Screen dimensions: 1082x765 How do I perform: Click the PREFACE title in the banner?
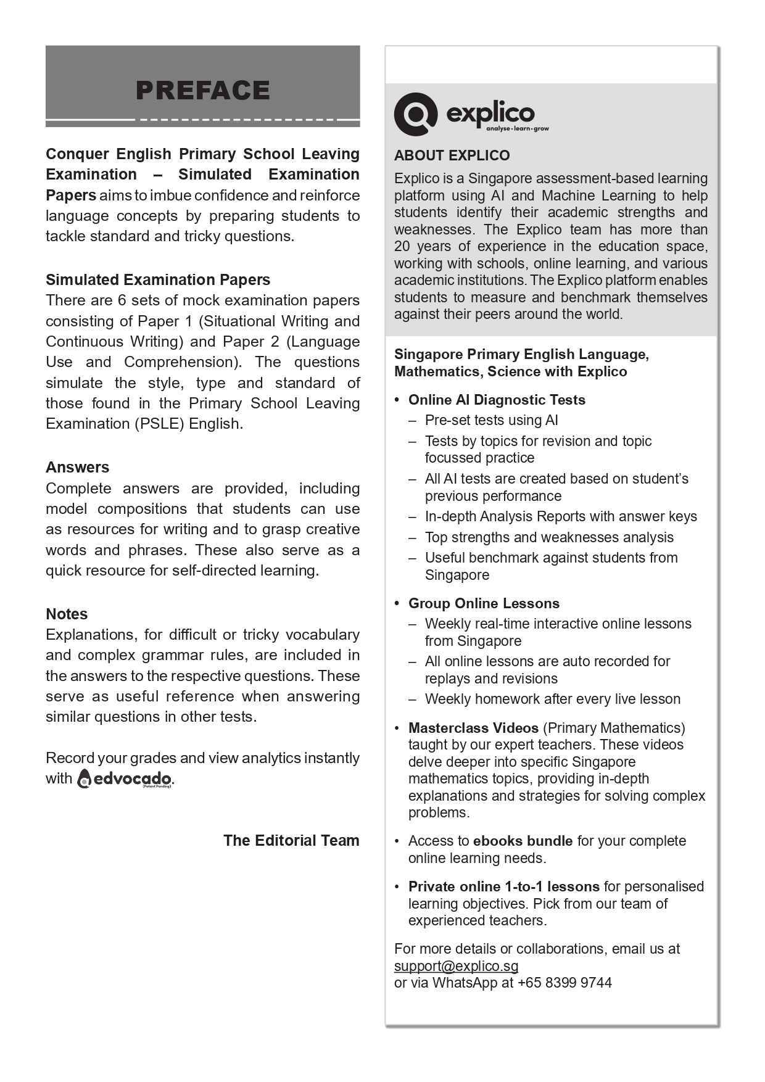click(x=202, y=90)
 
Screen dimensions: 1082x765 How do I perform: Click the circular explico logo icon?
click(x=415, y=114)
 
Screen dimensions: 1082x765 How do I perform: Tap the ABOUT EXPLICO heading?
click(x=452, y=155)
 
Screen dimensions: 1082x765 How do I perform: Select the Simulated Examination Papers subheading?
click(x=158, y=279)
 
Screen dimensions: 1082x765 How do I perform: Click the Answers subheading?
click(x=77, y=467)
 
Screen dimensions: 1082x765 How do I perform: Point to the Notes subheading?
click(x=67, y=614)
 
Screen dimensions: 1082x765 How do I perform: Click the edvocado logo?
click(x=125, y=778)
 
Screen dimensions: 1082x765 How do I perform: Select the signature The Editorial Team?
click(x=291, y=840)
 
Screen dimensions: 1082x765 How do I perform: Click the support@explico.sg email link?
click(x=456, y=966)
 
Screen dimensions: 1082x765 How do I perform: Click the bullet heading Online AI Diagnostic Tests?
click(x=497, y=400)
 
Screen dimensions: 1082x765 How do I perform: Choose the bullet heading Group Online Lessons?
click(x=484, y=603)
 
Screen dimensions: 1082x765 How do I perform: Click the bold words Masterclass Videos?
click(x=473, y=728)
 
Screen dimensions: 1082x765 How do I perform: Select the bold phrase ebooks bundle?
click(x=523, y=841)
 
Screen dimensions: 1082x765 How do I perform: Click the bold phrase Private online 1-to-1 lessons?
click(x=503, y=886)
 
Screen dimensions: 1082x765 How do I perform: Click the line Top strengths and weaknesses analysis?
click(x=549, y=537)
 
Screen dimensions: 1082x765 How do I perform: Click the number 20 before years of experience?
click(x=403, y=246)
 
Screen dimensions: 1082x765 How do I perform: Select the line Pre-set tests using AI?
click(x=491, y=420)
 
